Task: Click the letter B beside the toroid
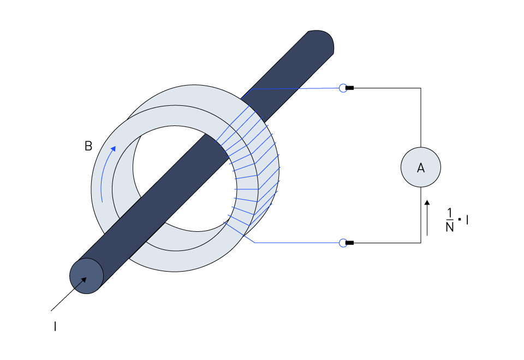pyautogui.click(x=88, y=146)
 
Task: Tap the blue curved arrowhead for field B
pyautogui.click(x=114, y=148)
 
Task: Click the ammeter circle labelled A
pyautogui.click(x=421, y=167)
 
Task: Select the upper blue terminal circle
pyautogui.click(x=343, y=88)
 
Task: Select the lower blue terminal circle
pyautogui.click(x=343, y=243)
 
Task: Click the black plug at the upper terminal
pyautogui.click(x=349, y=88)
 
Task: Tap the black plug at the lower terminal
pyautogui.click(x=349, y=243)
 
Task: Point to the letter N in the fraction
pyautogui.click(x=450, y=227)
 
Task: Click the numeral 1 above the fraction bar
pyautogui.click(x=450, y=213)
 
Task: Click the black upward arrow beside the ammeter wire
pyautogui.click(x=427, y=218)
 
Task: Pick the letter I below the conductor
pyautogui.click(x=55, y=326)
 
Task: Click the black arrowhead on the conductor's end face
pyautogui.click(x=84, y=280)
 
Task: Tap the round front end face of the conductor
pyautogui.click(x=87, y=276)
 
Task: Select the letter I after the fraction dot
pyautogui.click(x=467, y=220)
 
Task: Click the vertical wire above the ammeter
pyautogui.click(x=421, y=118)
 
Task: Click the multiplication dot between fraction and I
pyautogui.click(x=460, y=219)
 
